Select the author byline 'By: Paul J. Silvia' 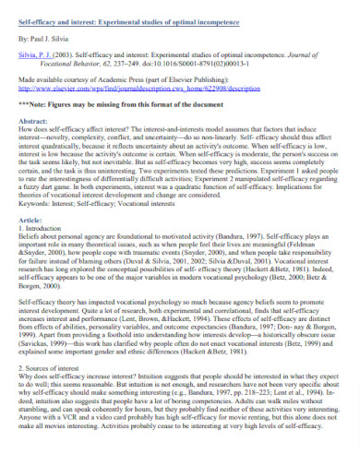click(44, 40)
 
